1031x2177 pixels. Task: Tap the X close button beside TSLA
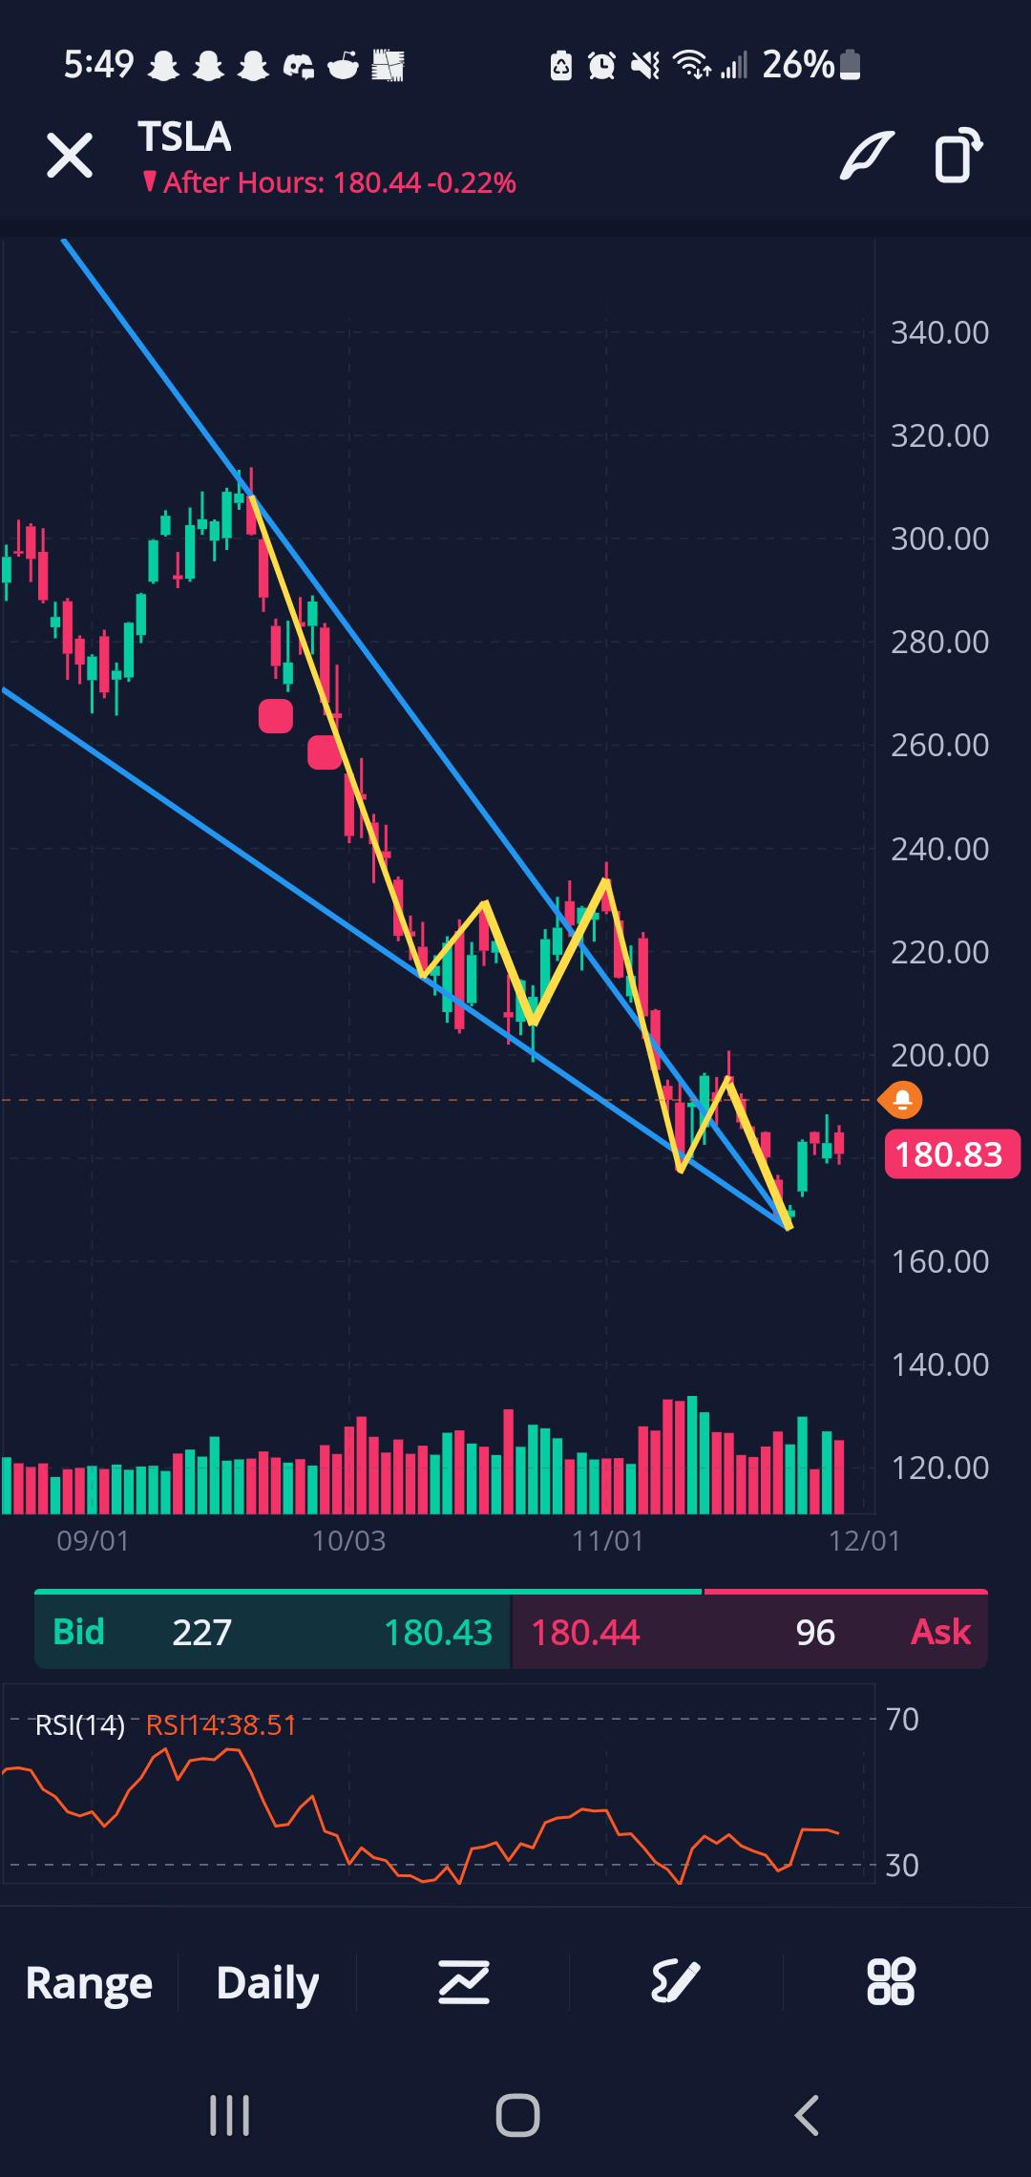pos(70,156)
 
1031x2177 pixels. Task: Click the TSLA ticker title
pos(184,137)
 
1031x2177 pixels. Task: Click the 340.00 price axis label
pos(939,333)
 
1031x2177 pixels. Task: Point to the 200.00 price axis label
pos(939,1055)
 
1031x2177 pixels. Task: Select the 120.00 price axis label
pos(939,1468)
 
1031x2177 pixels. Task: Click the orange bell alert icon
pos(901,1101)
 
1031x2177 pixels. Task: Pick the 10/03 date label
pos(348,1540)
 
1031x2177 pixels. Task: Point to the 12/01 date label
pos(864,1540)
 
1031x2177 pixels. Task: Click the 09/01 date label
pos(93,1540)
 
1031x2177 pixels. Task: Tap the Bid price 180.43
pos(437,1632)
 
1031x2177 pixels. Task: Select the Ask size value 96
pos(815,1632)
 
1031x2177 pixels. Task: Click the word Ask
pos(940,1632)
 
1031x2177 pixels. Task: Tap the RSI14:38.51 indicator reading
pos(221,1725)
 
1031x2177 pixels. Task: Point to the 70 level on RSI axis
pos(902,1720)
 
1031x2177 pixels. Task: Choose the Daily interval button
pos(267,1983)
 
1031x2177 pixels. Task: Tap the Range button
pos(89,1983)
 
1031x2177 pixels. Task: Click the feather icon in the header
pos(866,156)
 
